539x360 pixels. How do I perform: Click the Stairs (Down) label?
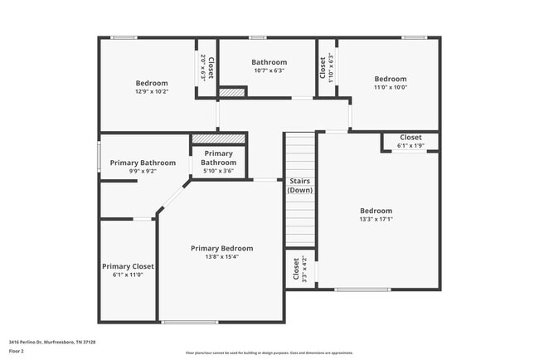pos(299,185)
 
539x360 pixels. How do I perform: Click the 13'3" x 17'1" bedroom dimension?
pos(376,220)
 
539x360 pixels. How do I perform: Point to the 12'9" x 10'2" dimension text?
pos(151,92)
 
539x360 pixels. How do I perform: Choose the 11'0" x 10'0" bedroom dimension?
pos(390,87)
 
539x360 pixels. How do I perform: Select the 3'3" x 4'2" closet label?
pos(300,270)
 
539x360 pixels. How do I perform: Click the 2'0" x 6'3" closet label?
pos(206,67)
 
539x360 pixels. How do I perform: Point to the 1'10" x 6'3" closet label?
pos(327,66)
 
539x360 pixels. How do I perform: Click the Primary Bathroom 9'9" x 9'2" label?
pos(143,167)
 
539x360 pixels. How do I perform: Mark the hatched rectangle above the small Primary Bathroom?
pos(219,139)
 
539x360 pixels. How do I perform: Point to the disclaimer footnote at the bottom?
pos(269,352)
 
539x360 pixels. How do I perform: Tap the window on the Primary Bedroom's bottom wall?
pos(190,322)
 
